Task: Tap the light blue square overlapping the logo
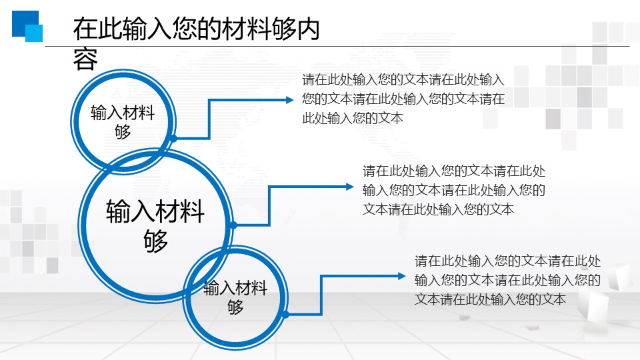34,33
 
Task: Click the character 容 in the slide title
85,59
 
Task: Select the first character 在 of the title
85,29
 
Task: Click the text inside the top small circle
123,121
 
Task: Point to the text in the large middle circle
155,226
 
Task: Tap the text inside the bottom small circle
235,297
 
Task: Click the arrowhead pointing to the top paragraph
289,99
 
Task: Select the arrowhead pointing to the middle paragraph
349,187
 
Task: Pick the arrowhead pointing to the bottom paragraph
401,276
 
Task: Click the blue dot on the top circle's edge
173,139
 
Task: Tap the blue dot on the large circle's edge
233,225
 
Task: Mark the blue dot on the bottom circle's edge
286,314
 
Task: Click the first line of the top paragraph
403,79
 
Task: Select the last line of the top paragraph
353,119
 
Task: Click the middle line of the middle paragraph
454,190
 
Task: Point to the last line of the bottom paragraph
490,299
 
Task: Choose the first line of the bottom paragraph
508,261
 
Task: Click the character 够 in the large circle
155,241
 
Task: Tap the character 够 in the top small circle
123,131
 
